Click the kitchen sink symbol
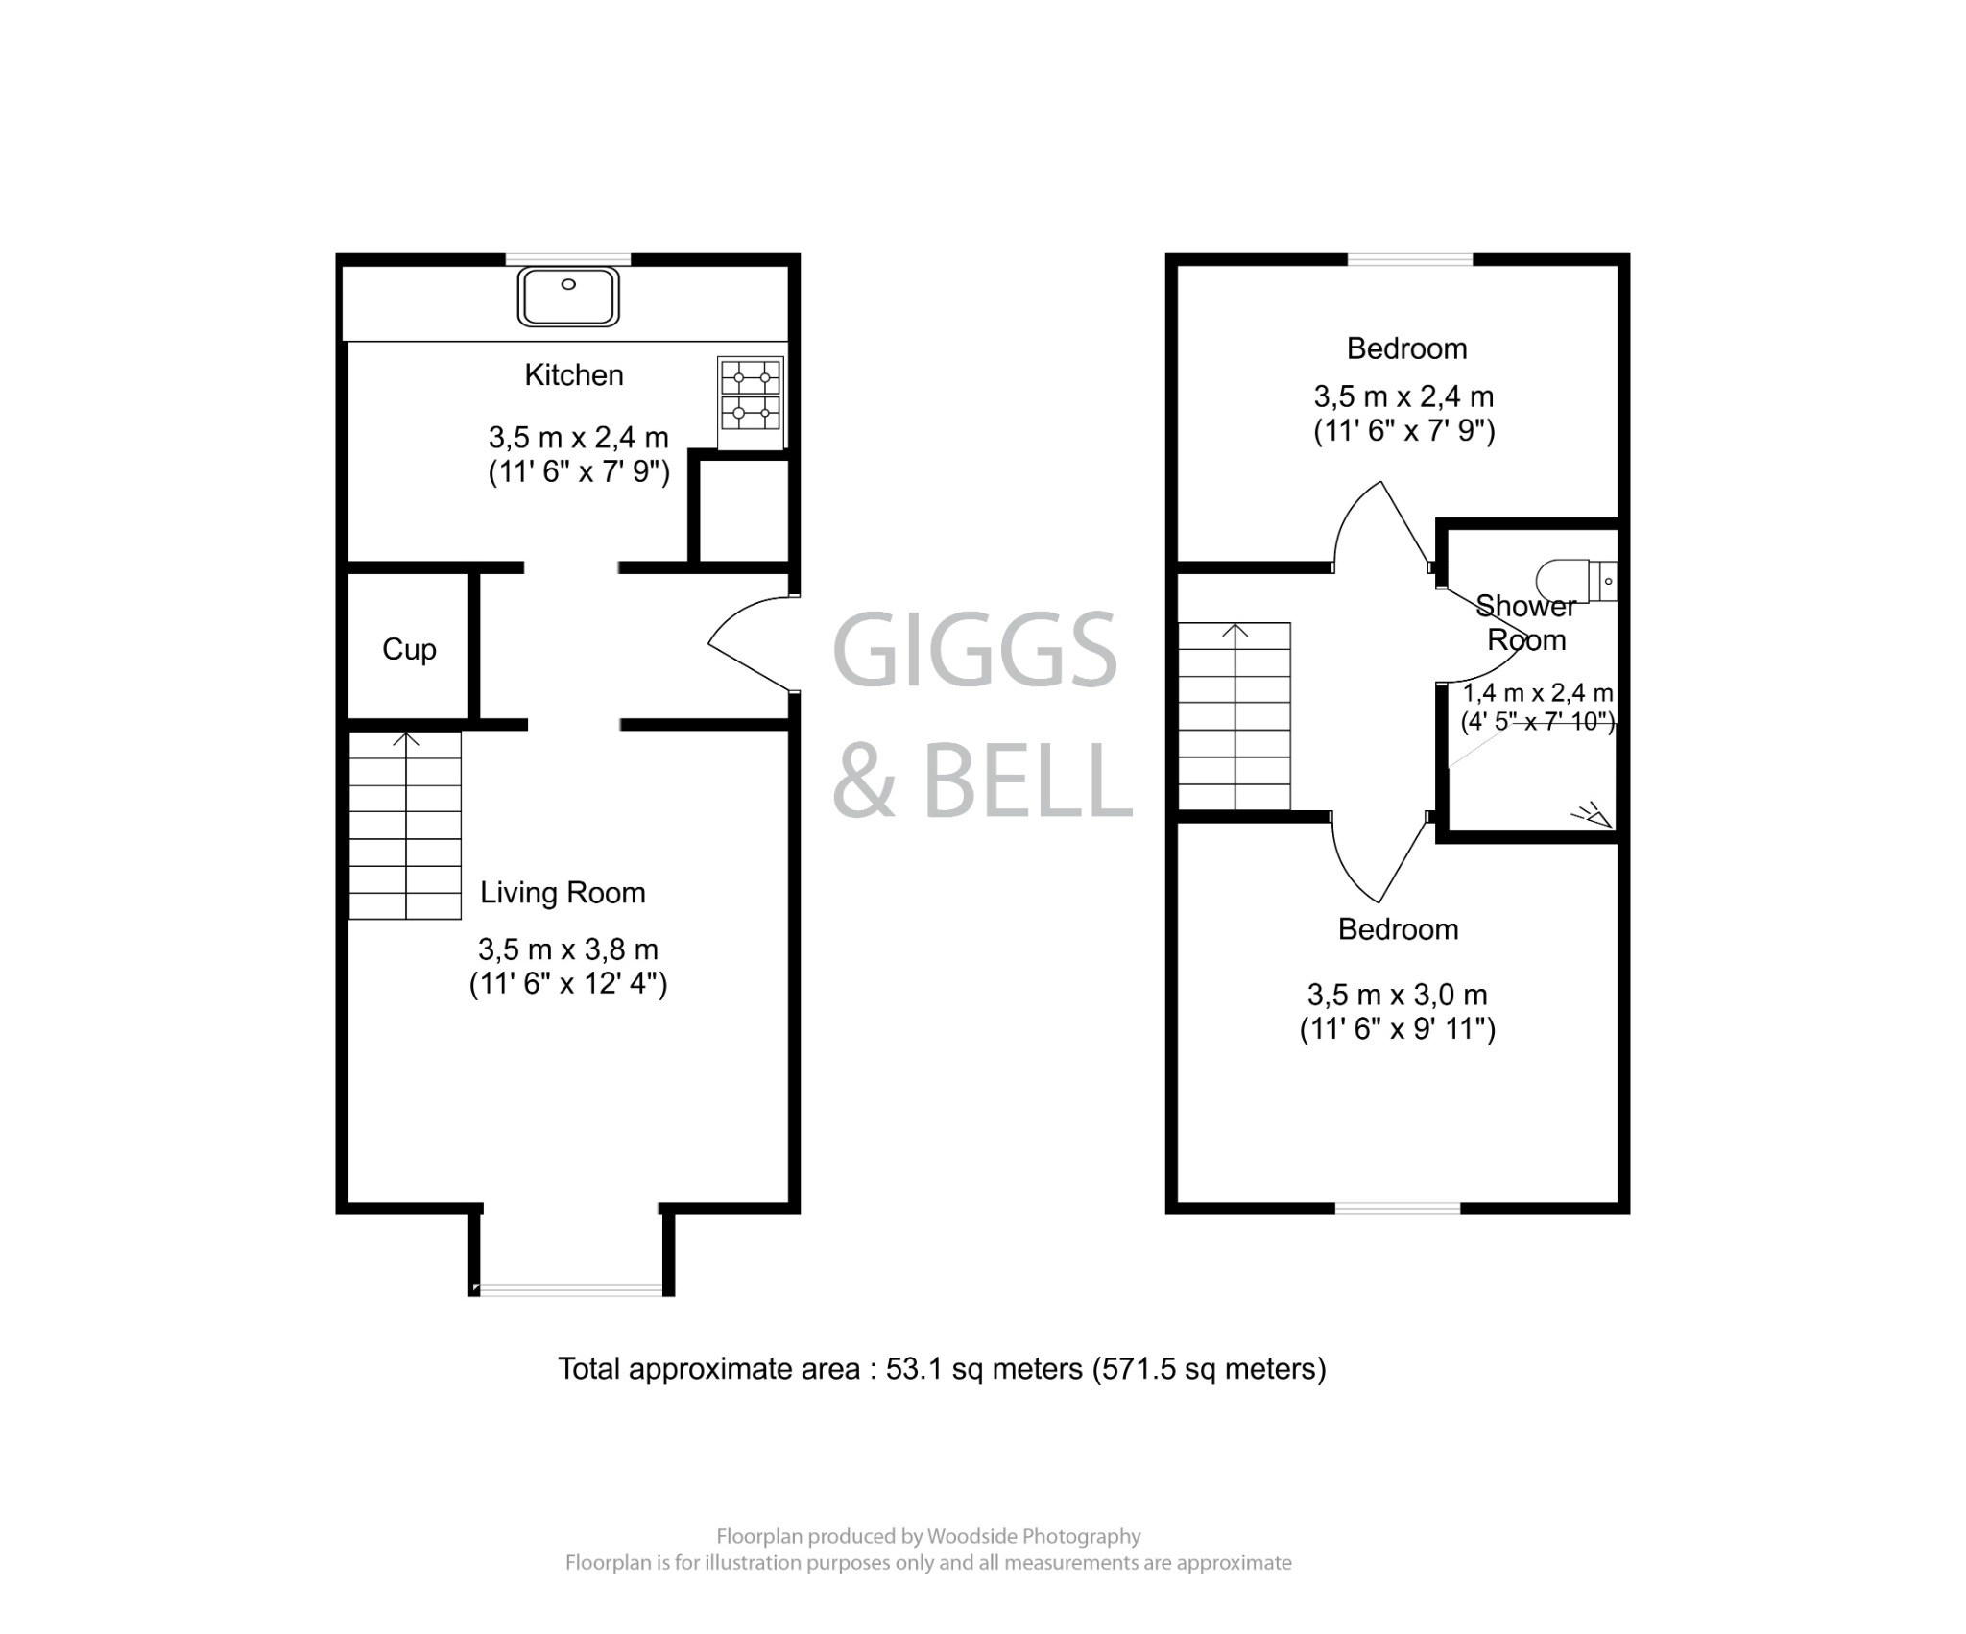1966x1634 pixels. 568,297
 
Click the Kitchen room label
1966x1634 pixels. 573,375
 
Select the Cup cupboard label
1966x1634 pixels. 409,650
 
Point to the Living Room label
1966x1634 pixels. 563,893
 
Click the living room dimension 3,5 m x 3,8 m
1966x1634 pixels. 568,950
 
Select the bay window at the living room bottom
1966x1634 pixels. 571,1289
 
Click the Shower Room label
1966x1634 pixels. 1526,623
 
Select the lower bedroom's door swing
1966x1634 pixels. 1377,859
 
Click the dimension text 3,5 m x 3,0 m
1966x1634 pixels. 1397,996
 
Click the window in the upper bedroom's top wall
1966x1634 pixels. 1409,259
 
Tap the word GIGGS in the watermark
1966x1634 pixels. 973,651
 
